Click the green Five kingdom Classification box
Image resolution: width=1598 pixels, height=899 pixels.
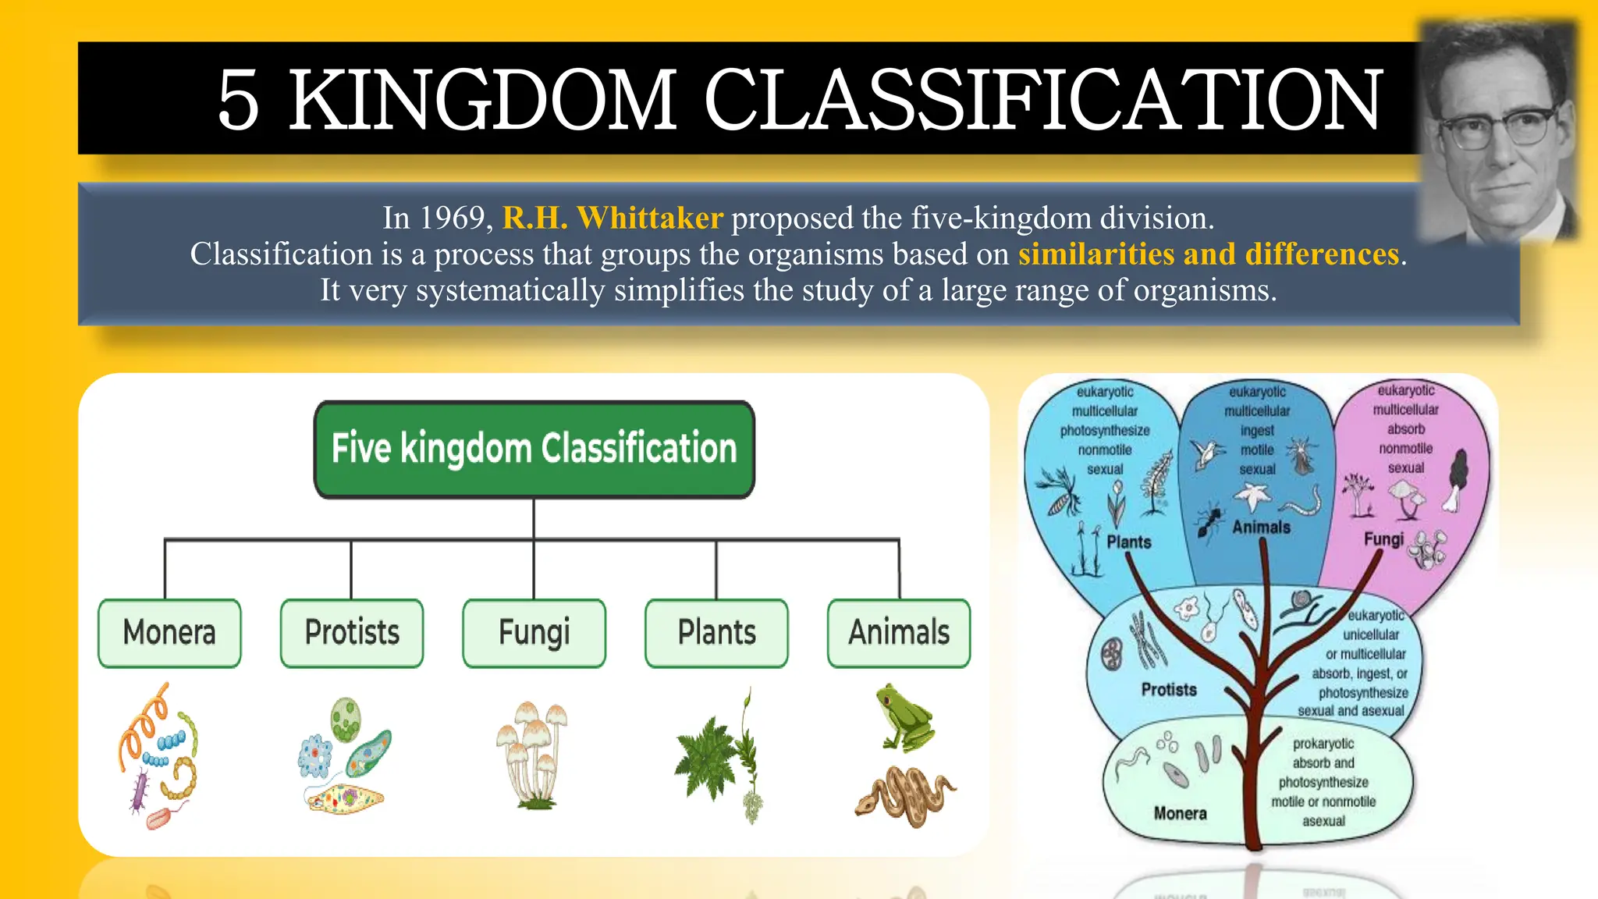534,449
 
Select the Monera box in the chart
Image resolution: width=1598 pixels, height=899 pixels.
169,633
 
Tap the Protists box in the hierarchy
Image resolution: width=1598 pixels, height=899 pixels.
352,633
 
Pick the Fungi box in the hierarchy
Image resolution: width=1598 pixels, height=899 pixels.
534,633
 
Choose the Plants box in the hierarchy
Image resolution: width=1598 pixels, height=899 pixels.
716,633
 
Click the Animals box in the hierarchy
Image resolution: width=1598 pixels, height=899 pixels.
899,633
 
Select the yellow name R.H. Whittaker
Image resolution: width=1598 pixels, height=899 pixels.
613,218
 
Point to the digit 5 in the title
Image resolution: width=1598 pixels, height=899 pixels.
238,99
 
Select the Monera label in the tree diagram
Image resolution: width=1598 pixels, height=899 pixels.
1180,813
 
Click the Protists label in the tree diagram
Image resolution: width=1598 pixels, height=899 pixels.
1169,689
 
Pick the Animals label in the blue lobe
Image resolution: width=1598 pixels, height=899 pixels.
1261,528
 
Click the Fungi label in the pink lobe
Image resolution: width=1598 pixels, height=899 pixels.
1383,539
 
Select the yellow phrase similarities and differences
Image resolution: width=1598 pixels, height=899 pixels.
1209,254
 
